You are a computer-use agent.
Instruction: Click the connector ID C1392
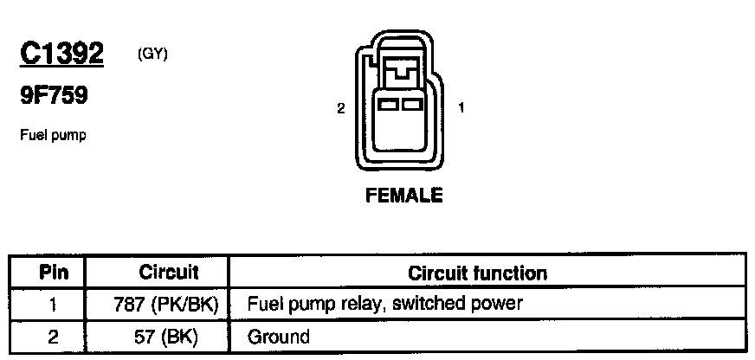tap(61, 54)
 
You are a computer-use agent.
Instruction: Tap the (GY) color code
tap(152, 54)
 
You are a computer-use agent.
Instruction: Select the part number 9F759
tap(53, 96)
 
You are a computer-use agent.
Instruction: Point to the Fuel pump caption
tap(51, 136)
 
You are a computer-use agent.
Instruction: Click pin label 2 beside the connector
tap(341, 108)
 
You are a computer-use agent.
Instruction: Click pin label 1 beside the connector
tap(461, 108)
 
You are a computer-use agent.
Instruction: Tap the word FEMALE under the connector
tap(403, 196)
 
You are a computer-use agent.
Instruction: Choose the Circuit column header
tap(169, 273)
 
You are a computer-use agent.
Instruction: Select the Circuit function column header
tap(477, 273)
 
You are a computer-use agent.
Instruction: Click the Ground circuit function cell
tap(279, 336)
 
